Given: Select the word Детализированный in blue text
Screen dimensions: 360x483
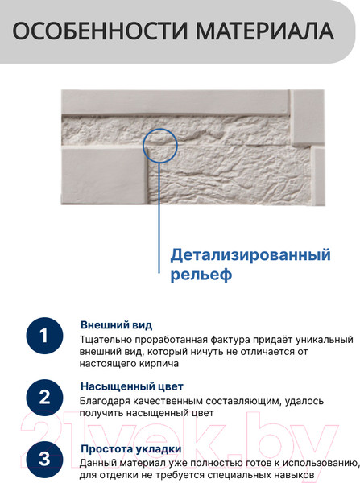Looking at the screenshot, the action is point(250,255).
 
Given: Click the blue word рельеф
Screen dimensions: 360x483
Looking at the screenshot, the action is point(201,274).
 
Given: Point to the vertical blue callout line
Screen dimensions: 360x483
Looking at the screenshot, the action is point(159,218).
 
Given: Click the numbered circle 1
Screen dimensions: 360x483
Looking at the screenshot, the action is point(44,336).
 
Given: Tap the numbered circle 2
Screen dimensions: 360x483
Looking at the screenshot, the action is point(44,398).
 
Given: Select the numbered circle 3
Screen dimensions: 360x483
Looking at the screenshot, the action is point(44,460).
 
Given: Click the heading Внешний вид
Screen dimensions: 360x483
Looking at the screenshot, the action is point(116,325).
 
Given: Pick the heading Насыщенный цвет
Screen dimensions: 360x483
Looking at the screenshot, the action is point(132,386).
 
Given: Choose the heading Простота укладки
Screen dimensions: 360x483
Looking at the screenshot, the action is point(131,449).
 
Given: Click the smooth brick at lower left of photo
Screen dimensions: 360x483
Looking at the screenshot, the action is point(105,175).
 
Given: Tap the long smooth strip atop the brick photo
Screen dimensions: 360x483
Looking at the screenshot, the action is point(176,101).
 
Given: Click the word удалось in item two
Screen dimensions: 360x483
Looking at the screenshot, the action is point(304,402).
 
